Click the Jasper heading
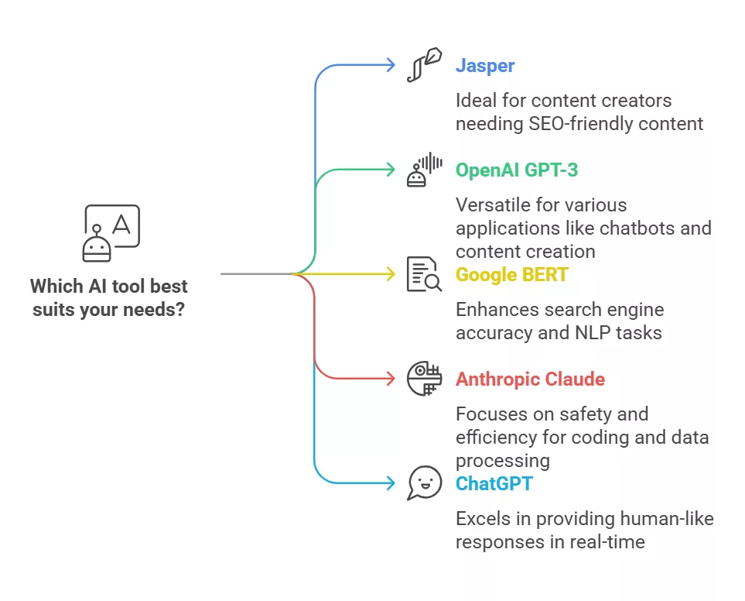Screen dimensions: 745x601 pyautogui.click(x=484, y=66)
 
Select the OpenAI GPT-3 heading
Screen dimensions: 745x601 pyautogui.click(x=517, y=170)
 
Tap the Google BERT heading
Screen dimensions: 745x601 pyautogui.click(x=511, y=274)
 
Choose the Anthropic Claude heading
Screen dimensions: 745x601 pyautogui.click(x=530, y=379)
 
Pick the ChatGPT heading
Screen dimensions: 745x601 pyautogui.click(x=494, y=483)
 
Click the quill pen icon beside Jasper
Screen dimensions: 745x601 pyautogui.click(x=424, y=65)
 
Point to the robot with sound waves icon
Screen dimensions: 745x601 pyautogui.click(x=424, y=170)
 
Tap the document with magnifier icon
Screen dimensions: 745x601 pyautogui.click(x=424, y=274)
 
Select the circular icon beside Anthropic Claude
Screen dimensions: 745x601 pyautogui.click(x=424, y=379)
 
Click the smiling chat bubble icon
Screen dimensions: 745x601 pyautogui.click(x=424, y=483)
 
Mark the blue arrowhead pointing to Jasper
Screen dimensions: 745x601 pyautogui.click(x=391, y=65)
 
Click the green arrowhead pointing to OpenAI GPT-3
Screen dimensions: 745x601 pyautogui.click(x=391, y=170)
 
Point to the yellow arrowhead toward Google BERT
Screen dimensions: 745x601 pyautogui.click(x=391, y=274)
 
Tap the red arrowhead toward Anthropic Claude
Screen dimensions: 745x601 pyautogui.click(x=391, y=379)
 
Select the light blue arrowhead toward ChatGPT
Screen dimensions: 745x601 pyautogui.click(x=391, y=483)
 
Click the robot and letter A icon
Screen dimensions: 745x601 pyautogui.click(x=111, y=233)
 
